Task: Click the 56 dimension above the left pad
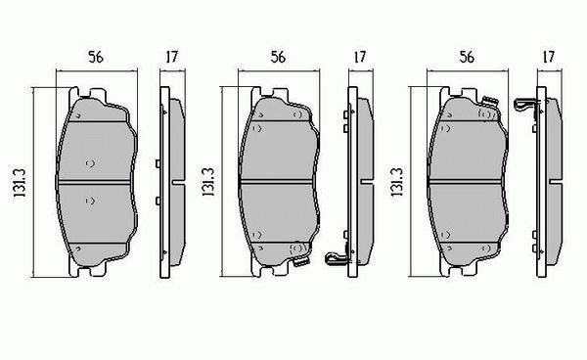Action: [x=96, y=58]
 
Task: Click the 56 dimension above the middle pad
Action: [x=278, y=58]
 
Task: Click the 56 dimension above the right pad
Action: [x=467, y=58]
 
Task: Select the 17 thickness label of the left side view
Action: [x=172, y=58]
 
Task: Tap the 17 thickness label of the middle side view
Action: [x=360, y=58]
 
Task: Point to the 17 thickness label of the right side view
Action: [x=549, y=58]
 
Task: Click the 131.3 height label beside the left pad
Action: [x=20, y=183]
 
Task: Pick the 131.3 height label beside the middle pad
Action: [x=208, y=182]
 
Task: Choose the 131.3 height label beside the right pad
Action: [x=397, y=182]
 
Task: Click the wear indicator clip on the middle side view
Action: [x=337, y=257]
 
